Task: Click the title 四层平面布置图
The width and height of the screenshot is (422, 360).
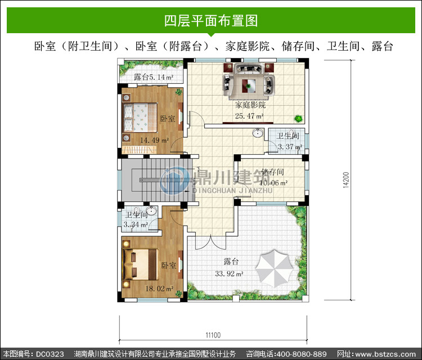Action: (x=211, y=21)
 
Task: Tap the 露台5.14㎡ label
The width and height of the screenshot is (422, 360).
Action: (x=154, y=77)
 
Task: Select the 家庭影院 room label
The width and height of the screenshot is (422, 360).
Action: (x=250, y=105)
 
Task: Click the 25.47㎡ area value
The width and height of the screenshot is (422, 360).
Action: (x=249, y=116)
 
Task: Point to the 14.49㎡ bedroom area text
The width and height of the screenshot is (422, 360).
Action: (x=155, y=140)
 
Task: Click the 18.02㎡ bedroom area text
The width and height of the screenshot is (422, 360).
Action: (x=160, y=289)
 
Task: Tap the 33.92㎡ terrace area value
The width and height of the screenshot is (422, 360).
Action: (x=229, y=274)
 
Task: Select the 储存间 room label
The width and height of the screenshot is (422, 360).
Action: (x=272, y=172)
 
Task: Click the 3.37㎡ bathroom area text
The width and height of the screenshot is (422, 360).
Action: (x=290, y=147)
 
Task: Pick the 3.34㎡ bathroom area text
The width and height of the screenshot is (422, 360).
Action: (x=136, y=224)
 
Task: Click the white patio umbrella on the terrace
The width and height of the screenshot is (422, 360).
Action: (x=274, y=268)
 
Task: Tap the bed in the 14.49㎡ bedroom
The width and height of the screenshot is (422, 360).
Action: (x=140, y=118)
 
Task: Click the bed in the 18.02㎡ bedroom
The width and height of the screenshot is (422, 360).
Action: (x=140, y=264)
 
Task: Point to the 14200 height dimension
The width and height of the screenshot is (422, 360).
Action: (x=346, y=180)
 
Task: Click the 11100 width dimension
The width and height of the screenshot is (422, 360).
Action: (x=213, y=335)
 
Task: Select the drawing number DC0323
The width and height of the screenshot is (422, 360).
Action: (x=50, y=354)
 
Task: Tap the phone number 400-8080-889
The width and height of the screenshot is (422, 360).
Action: (x=302, y=354)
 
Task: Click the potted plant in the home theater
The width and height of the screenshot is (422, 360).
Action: (x=298, y=118)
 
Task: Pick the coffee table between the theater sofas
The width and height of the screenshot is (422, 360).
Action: (x=248, y=86)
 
